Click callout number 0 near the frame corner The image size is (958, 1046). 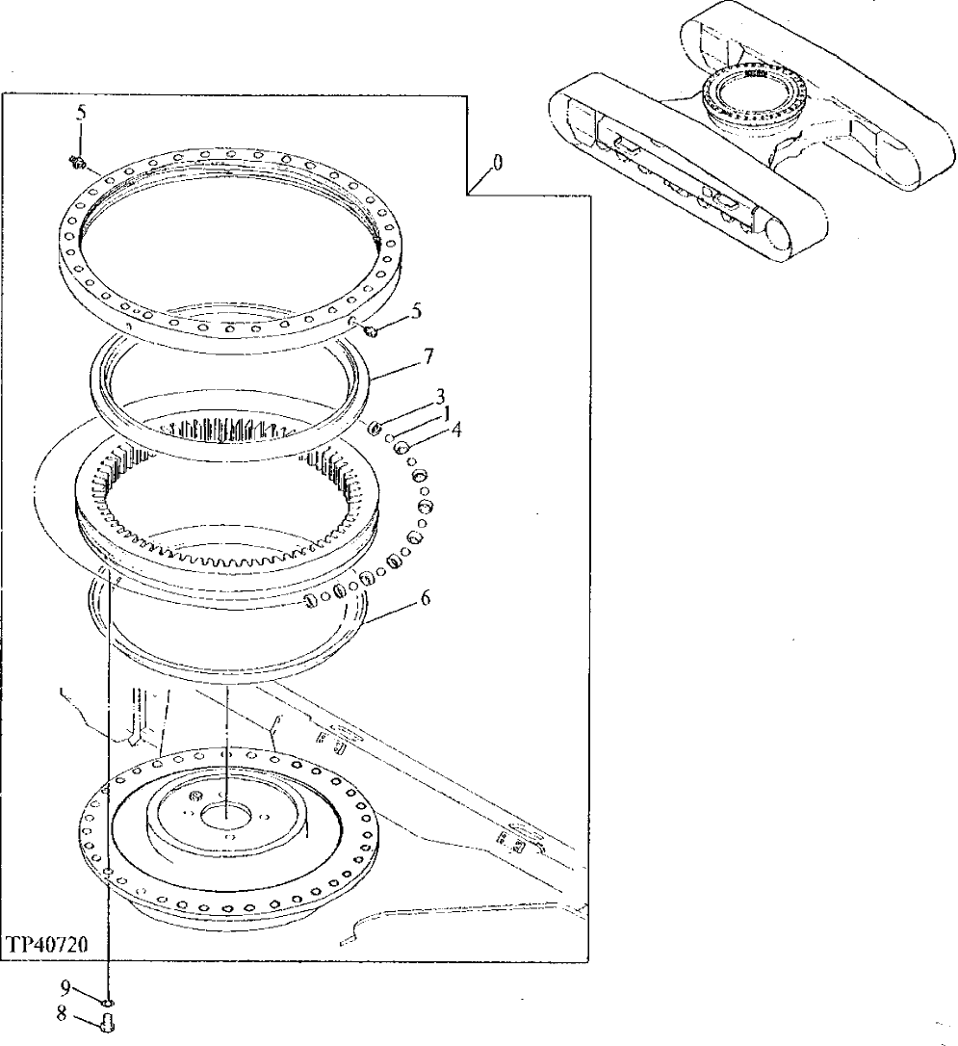[497, 164]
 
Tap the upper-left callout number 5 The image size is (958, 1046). [82, 113]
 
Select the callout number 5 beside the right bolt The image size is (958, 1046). [416, 311]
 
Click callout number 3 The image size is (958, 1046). [440, 396]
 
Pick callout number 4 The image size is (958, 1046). [456, 430]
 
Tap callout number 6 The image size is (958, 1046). [426, 598]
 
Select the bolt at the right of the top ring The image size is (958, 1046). [371, 331]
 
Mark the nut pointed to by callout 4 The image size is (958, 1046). [403, 446]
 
